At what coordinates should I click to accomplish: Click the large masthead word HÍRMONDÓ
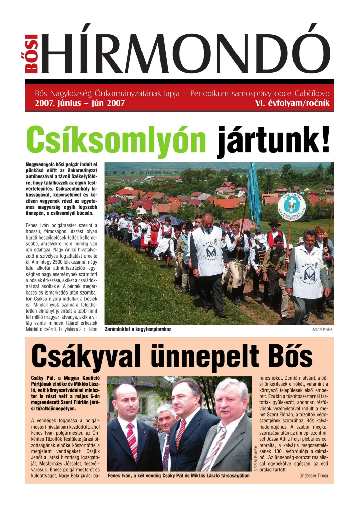[186, 50]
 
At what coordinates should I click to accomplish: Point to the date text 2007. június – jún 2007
[80, 103]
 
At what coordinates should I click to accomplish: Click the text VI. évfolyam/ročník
[292, 103]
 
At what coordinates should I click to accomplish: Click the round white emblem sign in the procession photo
[291, 207]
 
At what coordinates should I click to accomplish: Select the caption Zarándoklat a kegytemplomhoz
[138, 329]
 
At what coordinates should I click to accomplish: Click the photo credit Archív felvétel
[323, 329]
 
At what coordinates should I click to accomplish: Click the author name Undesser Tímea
[314, 476]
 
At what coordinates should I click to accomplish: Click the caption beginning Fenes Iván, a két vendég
[178, 476]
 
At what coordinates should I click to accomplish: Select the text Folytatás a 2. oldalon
[78, 329]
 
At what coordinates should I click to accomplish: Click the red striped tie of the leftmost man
[132, 441]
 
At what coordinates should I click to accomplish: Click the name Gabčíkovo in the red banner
[312, 94]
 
